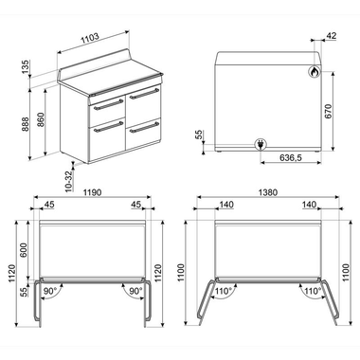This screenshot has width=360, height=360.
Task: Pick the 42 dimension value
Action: point(331,36)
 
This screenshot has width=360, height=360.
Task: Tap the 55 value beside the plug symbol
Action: point(200,135)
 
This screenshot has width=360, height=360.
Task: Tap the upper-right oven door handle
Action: point(145,94)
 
